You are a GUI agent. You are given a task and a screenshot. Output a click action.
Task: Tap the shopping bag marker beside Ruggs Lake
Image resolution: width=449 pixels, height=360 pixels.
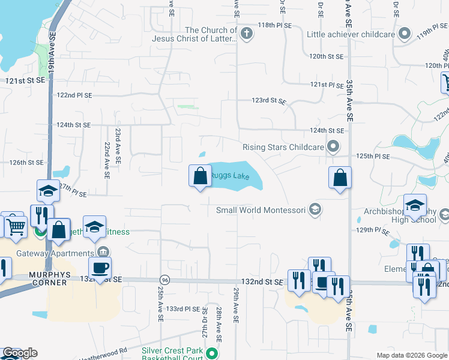point(200,176)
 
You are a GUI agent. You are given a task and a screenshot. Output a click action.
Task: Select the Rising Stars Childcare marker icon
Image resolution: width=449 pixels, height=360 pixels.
point(333,147)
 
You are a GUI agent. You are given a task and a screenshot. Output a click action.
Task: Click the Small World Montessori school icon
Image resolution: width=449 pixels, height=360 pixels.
point(316,210)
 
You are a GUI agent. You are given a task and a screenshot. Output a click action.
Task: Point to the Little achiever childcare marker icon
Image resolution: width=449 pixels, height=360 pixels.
point(405,34)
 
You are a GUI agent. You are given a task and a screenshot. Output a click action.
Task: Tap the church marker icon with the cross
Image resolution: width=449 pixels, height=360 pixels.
point(247,34)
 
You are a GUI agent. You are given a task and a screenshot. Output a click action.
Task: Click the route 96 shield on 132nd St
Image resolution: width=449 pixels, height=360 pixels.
point(164,280)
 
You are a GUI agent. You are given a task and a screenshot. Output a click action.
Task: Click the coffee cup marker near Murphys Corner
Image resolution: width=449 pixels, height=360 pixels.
point(100,268)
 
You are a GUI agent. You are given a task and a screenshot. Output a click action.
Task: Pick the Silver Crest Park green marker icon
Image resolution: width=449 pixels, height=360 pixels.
point(211,352)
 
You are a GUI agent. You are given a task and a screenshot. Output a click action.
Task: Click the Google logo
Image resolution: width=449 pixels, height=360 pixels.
point(20,353)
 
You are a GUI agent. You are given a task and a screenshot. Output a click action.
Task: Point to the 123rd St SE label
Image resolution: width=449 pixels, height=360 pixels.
point(268,101)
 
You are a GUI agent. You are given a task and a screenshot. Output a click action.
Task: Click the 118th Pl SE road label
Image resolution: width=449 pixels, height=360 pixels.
point(274,26)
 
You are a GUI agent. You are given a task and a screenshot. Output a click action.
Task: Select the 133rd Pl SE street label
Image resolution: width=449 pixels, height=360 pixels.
point(182,308)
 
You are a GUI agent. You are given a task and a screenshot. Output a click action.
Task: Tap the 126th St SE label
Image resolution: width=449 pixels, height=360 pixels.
point(26,162)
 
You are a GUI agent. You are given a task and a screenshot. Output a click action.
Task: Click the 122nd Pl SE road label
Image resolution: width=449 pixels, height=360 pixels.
point(74,95)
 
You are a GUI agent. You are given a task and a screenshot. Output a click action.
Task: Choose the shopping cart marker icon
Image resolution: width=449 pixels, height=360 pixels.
point(17,227)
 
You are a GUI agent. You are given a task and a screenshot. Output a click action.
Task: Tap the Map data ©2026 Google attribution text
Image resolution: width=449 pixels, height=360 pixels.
point(411,355)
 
